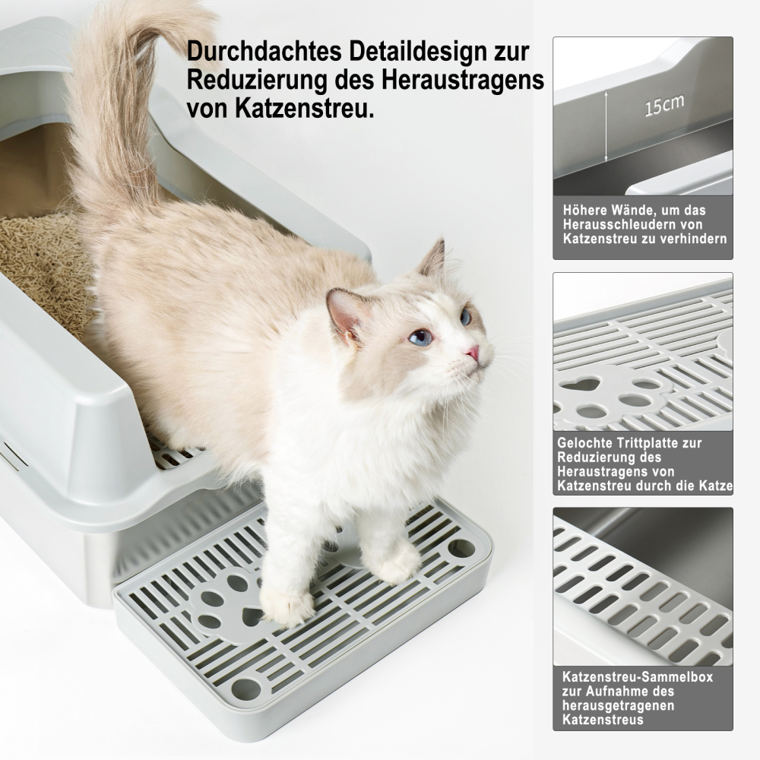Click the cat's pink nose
click(x=473, y=352)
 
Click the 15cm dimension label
click(x=663, y=105)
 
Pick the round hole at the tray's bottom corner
click(x=245, y=689)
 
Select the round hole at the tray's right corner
click(x=461, y=548)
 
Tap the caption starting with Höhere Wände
click(x=643, y=224)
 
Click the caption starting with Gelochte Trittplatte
click(x=643, y=464)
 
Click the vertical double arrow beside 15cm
click(x=606, y=126)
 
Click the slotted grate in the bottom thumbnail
click(x=638, y=593)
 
